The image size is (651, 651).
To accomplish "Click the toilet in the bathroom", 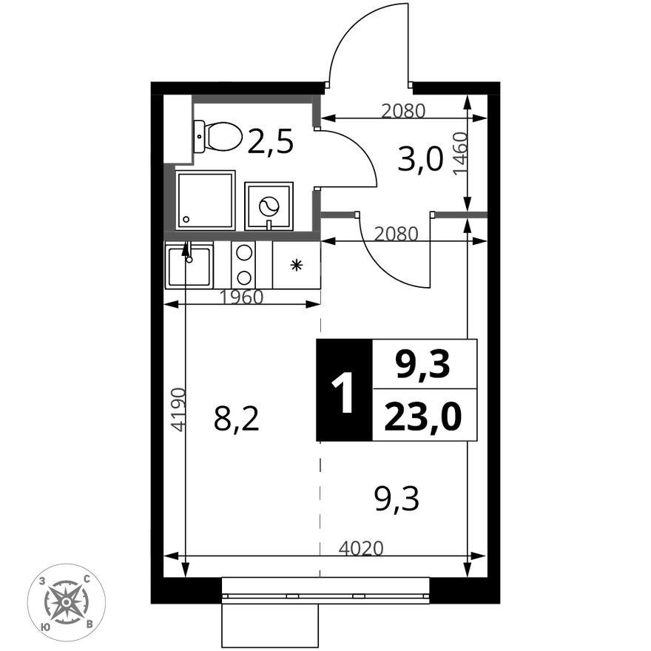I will [x=218, y=137].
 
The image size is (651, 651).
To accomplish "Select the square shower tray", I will [x=205, y=200].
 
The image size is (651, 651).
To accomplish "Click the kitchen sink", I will [x=189, y=265].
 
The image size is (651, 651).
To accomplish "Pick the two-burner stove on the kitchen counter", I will [x=243, y=265].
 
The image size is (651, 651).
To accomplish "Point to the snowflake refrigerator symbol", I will [x=296, y=266].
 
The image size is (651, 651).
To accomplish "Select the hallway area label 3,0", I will [x=420, y=159].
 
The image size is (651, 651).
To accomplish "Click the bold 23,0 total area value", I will [x=423, y=416].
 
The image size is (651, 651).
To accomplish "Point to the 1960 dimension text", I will [x=242, y=297].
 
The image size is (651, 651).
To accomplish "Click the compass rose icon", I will [x=67, y=602].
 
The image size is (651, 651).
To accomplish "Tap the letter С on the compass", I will [x=87, y=579].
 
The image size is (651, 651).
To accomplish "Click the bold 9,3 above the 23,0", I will [x=423, y=365].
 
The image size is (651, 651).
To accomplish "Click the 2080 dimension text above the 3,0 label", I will [x=403, y=110].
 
